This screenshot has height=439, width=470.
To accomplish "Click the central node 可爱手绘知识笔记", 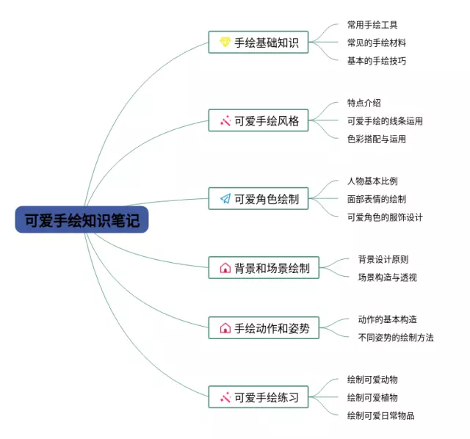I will tap(82, 219).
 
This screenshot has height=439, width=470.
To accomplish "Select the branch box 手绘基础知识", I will tap(258, 43).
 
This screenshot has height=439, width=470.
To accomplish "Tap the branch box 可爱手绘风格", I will tap(258, 121).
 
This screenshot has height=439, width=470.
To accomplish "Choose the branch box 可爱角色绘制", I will tap(258, 198).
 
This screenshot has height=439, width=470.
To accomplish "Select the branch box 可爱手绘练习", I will tap(258, 398).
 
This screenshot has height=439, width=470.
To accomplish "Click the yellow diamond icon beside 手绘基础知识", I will tap(225, 43).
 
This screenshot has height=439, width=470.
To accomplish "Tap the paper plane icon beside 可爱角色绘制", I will tap(225, 198).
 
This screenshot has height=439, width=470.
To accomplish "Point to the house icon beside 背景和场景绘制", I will tap(225, 268).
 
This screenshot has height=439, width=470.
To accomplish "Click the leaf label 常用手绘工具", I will tap(372, 25).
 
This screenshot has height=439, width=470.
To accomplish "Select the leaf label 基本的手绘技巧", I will tap(377, 61).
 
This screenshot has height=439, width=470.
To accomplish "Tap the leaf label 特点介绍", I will tap(364, 103).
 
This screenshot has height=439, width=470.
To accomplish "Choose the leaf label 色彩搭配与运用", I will tap(377, 139).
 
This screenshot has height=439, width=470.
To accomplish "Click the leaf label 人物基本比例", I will tap(372, 181).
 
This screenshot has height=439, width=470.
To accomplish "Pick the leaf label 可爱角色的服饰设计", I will tap(385, 217).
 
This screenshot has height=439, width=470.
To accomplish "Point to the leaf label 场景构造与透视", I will tap(387, 277).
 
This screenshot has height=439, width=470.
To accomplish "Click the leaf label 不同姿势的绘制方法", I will tap(396, 337).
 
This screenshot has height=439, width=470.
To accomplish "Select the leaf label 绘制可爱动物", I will tap(372, 380).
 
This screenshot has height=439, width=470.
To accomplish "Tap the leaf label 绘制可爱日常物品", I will tap(381, 416).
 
